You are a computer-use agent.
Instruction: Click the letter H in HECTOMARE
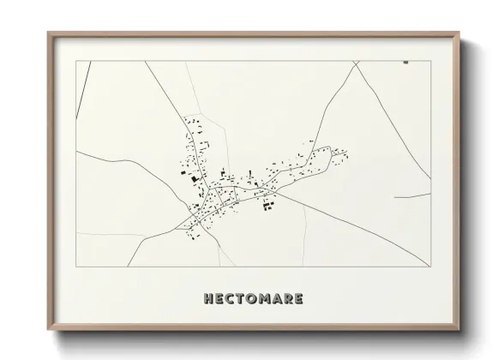[208, 299]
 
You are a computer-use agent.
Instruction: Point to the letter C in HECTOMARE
[229, 299]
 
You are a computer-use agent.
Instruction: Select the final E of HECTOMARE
[297, 299]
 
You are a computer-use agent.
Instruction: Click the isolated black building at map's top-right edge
[405, 62]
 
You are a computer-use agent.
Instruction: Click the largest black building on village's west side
[195, 178]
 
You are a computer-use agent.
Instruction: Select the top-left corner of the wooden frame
[49, 33]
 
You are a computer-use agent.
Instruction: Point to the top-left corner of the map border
[76, 61]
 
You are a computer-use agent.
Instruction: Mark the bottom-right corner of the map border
[431, 267]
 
